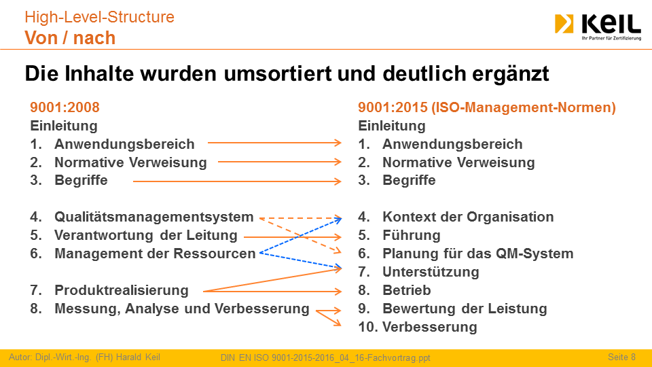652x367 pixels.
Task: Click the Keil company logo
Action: (598, 27)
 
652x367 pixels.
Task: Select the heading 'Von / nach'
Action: (70, 38)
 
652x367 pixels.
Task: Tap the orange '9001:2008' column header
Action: (65, 107)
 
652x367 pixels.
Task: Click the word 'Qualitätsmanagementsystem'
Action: (154, 217)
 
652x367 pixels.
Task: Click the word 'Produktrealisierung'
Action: (122, 290)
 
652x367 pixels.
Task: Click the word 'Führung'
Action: (412, 236)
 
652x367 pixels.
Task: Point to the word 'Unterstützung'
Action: (431, 272)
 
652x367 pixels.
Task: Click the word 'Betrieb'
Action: (407, 290)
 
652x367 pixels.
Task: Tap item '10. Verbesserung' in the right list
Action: (418, 327)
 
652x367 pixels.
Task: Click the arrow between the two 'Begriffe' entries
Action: (237, 181)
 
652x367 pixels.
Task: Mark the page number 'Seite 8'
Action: (621, 357)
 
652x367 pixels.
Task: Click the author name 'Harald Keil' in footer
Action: (138, 357)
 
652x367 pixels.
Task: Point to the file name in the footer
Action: (325, 358)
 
